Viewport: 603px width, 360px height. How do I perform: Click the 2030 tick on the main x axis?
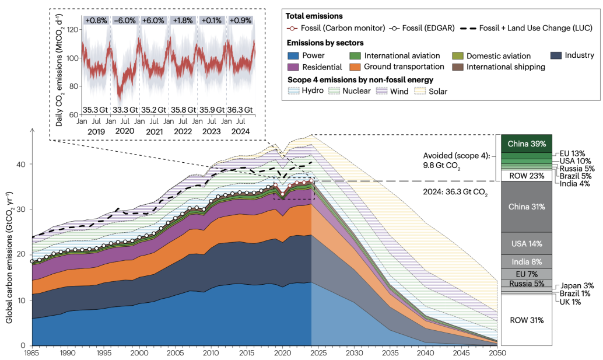pos(354,354)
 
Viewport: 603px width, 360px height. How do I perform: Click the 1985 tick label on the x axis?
pos(32,354)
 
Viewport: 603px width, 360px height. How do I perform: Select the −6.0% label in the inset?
pos(124,20)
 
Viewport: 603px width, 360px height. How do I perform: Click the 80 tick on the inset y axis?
pos(72,86)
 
